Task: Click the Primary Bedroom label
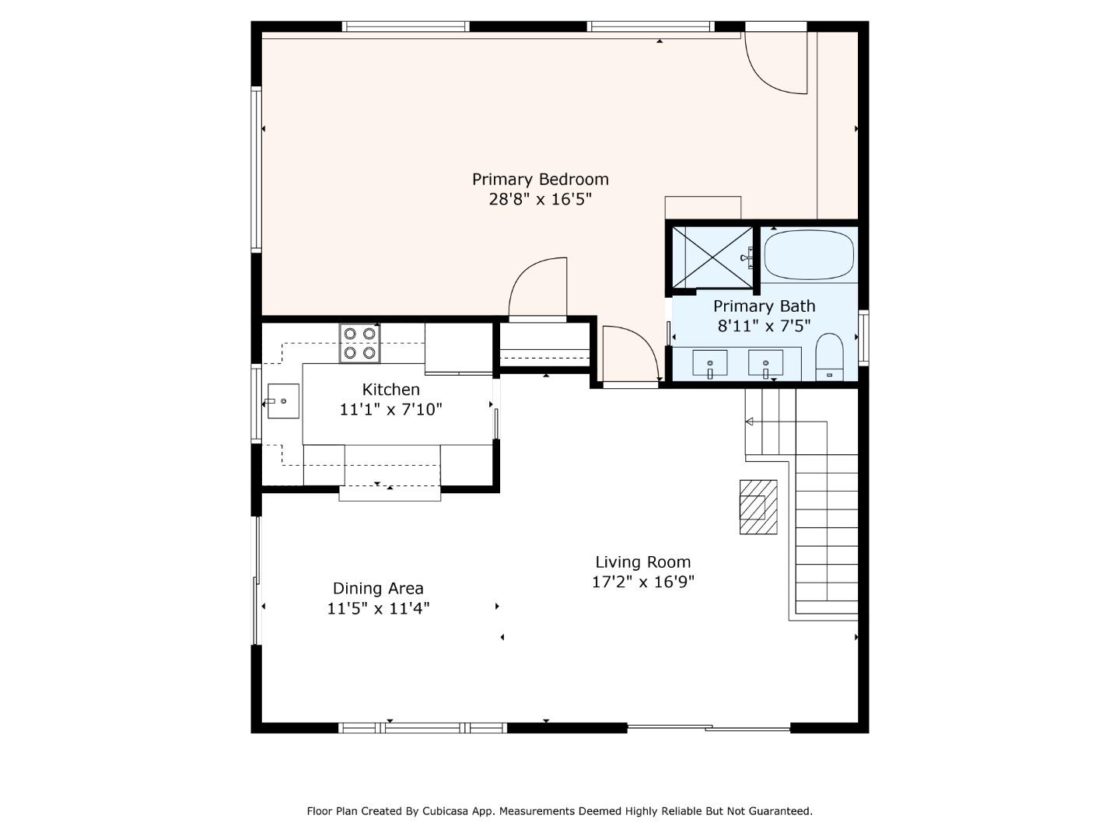[540, 180]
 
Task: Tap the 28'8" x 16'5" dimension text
[540, 199]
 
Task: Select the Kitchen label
[390, 390]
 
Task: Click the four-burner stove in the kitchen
[359, 343]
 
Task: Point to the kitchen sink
[283, 401]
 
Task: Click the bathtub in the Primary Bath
[808, 254]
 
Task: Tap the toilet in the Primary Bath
[829, 357]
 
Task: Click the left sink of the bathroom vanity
[710, 363]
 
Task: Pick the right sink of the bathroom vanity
[765, 363]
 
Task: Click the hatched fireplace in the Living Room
[758, 506]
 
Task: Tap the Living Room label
[642, 562]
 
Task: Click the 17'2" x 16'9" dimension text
[642, 582]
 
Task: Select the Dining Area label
[378, 589]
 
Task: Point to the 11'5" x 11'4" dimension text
[378, 608]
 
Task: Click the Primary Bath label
[764, 306]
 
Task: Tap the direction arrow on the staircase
[750, 422]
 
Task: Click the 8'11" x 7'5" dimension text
[764, 326]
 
